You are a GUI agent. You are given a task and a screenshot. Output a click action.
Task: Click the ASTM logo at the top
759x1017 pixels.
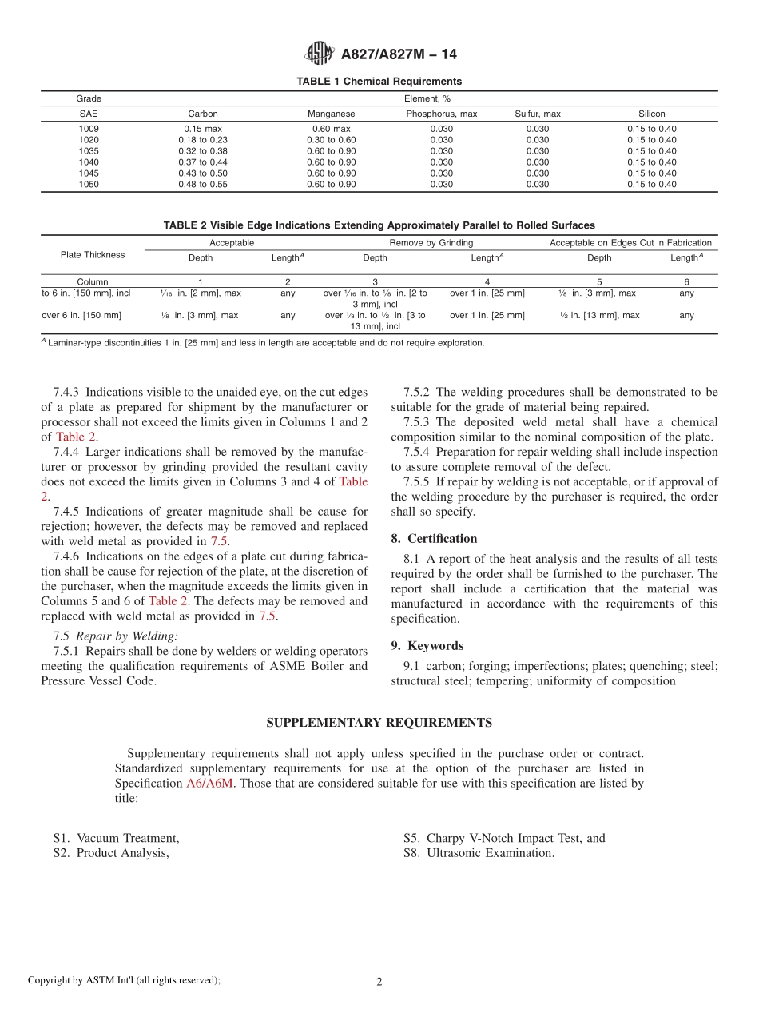320,54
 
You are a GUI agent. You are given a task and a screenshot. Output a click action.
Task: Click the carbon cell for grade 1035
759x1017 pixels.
203,151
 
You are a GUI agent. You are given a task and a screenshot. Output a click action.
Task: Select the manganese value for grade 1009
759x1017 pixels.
331,129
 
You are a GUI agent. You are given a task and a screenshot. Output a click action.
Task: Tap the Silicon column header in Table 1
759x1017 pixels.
651,114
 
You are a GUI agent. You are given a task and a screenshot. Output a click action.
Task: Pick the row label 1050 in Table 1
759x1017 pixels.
89,185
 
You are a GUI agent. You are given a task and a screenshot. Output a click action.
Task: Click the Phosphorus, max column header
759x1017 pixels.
441,114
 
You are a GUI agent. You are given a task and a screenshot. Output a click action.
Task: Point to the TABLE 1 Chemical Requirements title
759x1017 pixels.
379,82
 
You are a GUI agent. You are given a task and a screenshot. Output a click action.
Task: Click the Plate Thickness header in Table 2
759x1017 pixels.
93,255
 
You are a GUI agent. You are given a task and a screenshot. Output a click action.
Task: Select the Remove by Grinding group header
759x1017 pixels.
431,243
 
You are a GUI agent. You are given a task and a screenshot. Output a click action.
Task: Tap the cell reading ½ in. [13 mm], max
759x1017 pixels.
599,316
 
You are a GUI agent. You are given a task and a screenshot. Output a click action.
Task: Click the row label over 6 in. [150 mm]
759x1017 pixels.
81,316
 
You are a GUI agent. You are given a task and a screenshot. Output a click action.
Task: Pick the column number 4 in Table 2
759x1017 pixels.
487,282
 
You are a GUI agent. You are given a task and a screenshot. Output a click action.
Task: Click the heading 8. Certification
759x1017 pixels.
434,539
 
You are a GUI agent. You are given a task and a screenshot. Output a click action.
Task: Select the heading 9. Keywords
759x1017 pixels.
427,646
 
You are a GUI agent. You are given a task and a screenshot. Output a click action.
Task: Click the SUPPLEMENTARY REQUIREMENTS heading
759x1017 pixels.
379,723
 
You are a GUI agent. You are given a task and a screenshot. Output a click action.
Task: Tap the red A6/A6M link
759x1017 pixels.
209,784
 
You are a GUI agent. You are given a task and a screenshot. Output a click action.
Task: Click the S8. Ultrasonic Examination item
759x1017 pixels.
479,853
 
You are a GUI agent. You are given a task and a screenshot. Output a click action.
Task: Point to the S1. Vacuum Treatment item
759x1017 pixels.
117,839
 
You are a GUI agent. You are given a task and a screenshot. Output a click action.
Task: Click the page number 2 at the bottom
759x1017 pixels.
379,982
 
